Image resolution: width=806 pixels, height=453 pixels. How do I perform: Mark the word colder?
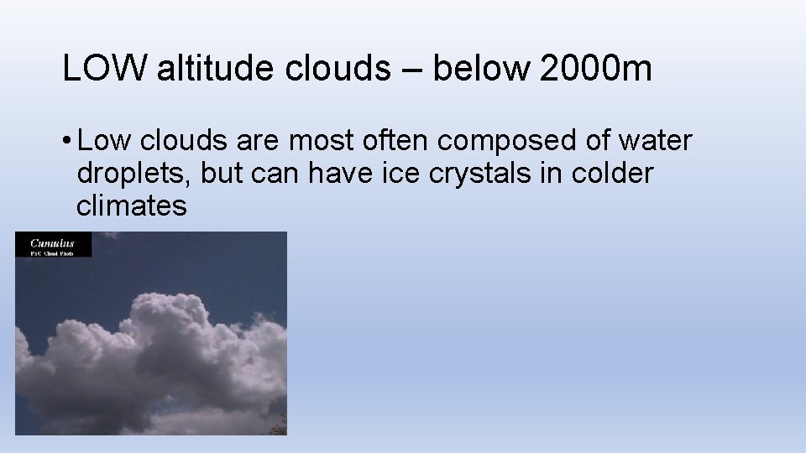(x=612, y=173)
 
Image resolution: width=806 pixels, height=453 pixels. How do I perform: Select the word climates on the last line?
(x=132, y=205)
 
